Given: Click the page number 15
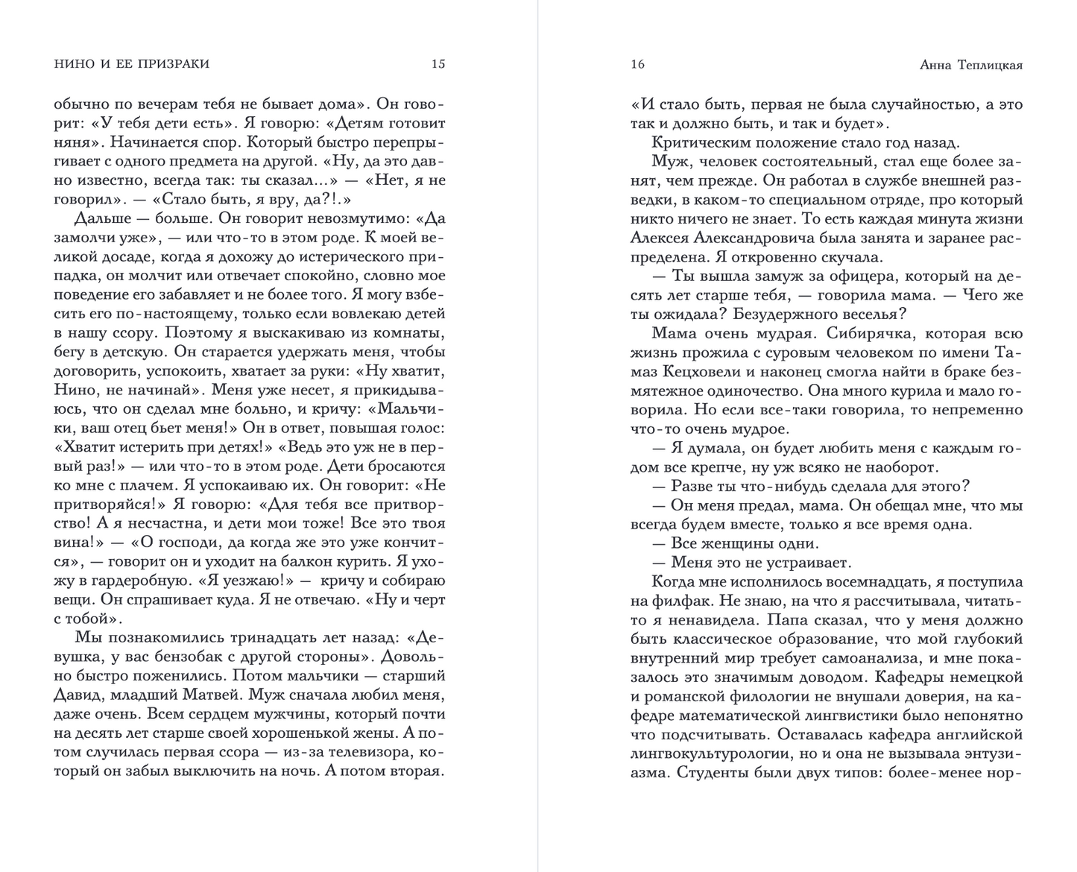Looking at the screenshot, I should [x=438, y=64].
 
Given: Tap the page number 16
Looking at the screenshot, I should [x=637, y=64].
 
